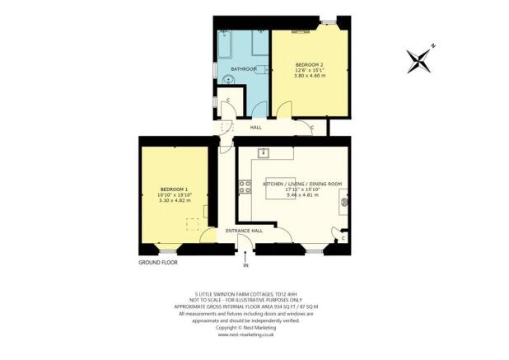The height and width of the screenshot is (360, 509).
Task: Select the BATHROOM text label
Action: point(243,68)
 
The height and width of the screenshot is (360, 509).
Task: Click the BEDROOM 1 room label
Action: point(175,189)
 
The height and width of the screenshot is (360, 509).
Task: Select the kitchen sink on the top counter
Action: point(265,152)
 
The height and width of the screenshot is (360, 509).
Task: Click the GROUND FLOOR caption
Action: point(157,262)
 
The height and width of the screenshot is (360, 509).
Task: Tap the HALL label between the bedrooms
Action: point(244,127)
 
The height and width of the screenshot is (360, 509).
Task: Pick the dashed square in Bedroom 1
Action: point(194,223)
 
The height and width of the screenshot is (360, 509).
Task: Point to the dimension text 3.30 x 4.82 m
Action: point(175,200)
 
